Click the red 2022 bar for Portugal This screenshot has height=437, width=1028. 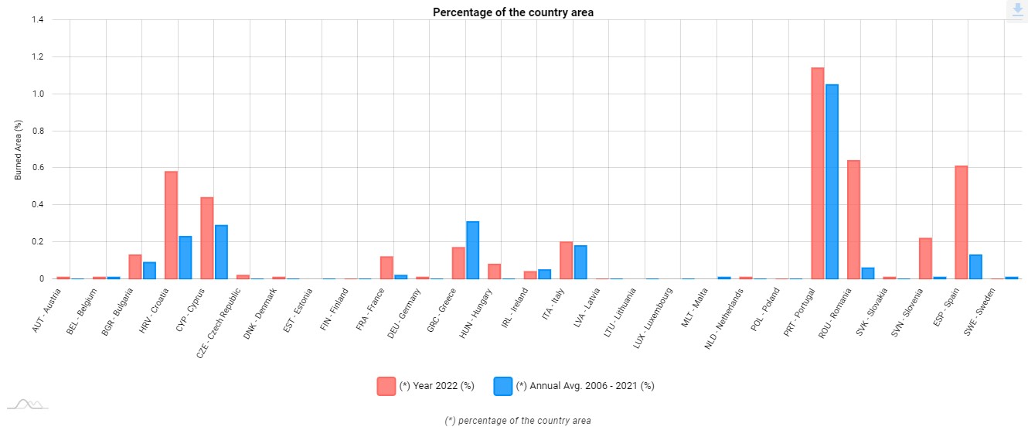817,173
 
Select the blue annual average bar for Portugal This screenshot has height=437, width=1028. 832,182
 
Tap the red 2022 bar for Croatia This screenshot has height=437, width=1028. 171,225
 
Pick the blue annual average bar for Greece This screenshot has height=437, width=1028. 472,251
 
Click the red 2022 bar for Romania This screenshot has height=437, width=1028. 853,220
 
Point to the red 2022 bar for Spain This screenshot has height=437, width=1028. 961,223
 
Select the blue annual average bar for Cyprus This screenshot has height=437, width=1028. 221,252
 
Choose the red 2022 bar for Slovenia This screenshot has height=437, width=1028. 925,258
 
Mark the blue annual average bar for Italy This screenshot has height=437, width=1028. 580,262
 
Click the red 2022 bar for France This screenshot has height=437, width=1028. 386,268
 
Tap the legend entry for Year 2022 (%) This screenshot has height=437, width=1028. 426,386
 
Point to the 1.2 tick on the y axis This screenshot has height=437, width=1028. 38,57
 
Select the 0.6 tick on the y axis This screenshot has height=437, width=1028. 38,168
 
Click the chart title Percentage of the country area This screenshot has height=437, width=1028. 513,12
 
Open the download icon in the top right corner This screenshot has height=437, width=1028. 1016,10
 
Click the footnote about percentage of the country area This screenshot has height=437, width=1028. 518,421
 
